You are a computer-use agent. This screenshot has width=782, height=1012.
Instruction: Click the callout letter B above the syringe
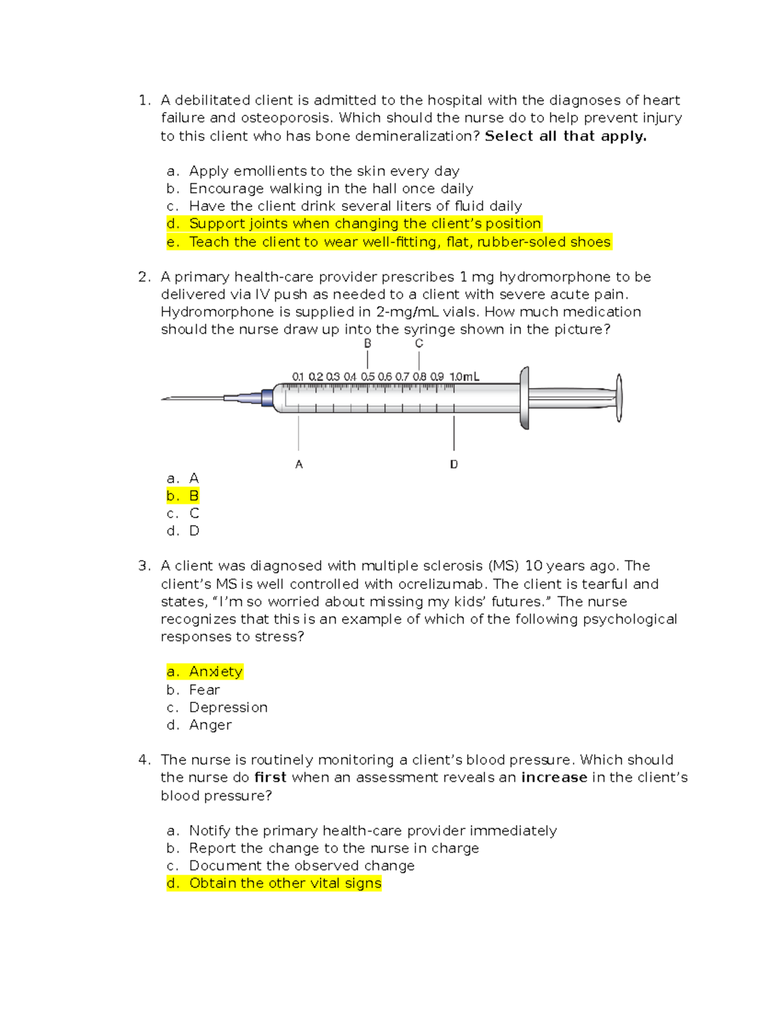(368, 343)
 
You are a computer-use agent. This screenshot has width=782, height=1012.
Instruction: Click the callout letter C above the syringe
(419, 343)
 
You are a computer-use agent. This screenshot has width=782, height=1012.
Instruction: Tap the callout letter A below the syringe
(299, 465)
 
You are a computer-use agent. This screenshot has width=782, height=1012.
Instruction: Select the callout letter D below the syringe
(454, 465)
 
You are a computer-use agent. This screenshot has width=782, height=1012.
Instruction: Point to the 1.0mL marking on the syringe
(464, 377)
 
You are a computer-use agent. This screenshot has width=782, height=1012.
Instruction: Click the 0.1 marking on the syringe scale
(298, 377)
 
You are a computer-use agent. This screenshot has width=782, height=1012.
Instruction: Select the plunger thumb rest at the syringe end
(619, 398)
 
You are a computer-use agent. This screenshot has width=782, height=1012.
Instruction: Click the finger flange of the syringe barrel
(524, 398)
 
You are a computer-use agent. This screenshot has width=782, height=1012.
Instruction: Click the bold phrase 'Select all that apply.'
(566, 136)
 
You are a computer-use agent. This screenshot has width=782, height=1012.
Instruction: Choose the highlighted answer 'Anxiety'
(216, 672)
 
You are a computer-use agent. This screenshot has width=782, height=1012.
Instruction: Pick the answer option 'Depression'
(228, 708)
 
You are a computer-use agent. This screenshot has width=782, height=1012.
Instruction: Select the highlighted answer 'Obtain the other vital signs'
(285, 884)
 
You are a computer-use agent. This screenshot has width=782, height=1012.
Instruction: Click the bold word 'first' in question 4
(270, 777)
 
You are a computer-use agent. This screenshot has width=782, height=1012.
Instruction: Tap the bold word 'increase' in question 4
(554, 777)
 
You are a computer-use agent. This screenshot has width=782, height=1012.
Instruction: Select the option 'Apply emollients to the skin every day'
(324, 171)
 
